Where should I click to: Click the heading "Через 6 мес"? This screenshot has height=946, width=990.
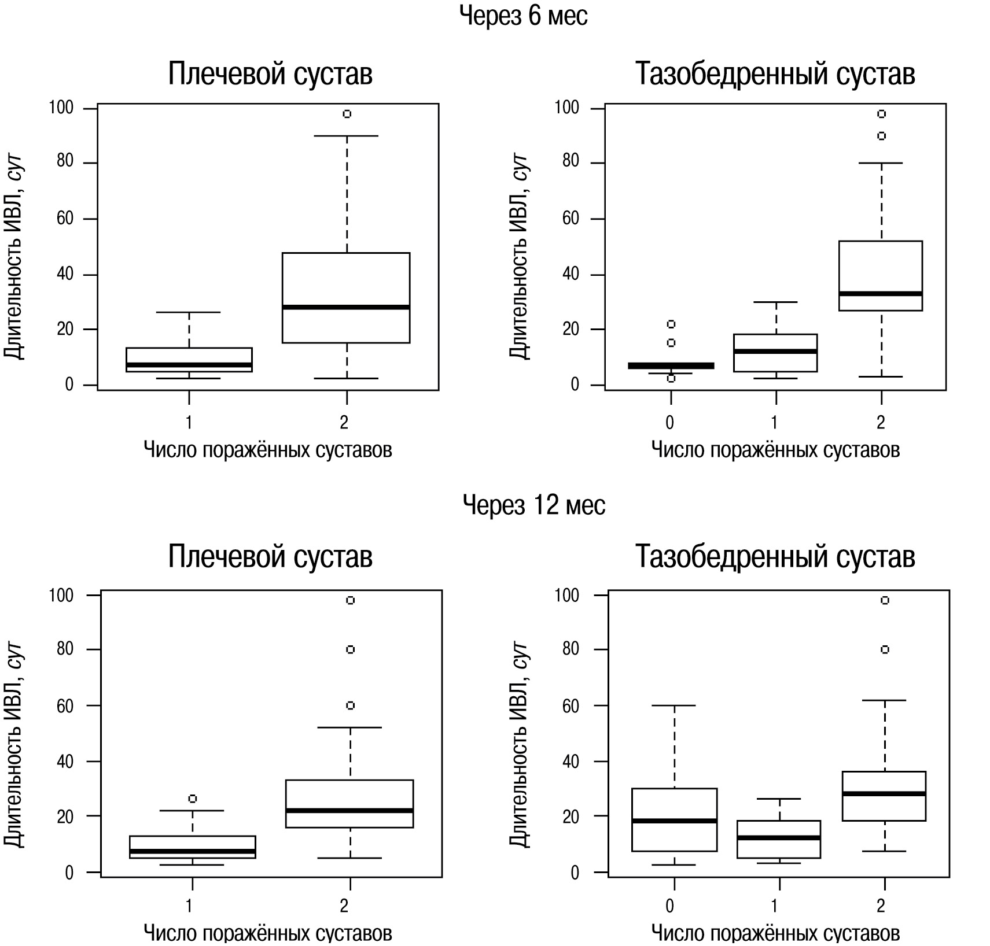point(523,16)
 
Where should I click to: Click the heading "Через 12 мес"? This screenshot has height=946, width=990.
point(533,505)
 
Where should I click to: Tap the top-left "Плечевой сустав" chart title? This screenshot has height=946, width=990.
point(270,74)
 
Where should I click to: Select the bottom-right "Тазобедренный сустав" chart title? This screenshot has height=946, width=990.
point(775,556)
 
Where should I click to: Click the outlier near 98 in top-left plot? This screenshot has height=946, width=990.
point(347,114)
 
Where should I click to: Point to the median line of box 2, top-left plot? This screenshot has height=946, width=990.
point(346,307)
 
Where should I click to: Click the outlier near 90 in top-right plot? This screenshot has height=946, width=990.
point(881,136)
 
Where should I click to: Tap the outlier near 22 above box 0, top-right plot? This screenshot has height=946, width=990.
point(671,324)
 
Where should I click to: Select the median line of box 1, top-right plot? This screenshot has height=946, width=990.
point(775,351)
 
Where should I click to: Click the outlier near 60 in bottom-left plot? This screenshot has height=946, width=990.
point(350,705)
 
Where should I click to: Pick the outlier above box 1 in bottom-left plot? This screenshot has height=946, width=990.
point(193,799)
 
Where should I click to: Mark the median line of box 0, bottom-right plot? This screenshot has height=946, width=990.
point(675,821)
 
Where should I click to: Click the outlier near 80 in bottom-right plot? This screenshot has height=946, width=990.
point(885,649)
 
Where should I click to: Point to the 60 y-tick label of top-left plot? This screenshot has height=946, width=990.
point(65,219)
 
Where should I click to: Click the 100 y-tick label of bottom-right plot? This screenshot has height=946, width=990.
point(566,595)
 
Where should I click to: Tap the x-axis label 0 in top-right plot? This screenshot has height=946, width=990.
point(670,423)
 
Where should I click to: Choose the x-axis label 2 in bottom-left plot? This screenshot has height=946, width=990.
point(344,906)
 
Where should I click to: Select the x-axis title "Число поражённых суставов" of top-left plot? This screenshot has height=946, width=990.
point(267,449)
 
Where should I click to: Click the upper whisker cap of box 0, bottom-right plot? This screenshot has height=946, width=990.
point(675,705)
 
